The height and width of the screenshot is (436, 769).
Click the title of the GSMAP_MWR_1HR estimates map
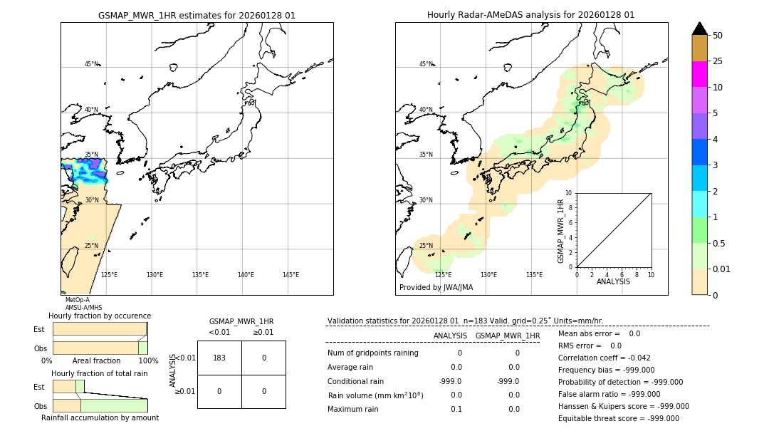[x=197, y=15]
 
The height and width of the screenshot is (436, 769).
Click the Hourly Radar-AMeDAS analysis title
[x=530, y=15]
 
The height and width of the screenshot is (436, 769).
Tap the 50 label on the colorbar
[x=718, y=36]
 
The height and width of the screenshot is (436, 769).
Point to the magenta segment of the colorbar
[x=699, y=74]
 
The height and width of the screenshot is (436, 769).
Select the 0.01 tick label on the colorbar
[x=722, y=269]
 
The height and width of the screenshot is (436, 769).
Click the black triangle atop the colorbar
[x=699, y=28]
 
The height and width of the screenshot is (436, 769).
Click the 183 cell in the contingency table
[x=219, y=358]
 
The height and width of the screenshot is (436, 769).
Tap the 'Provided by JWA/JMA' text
[x=436, y=288]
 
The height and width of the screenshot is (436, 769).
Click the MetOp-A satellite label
[x=77, y=300]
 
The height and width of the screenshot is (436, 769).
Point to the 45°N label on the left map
[x=91, y=64]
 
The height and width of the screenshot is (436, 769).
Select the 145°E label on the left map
[x=291, y=275]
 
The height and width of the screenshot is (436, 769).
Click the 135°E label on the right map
[x=534, y=275]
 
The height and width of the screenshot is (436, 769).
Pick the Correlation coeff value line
[x=604, y=358]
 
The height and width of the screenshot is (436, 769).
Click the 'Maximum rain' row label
[x=353, y=409]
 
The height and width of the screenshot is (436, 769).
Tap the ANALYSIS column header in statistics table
[x=450, y=336]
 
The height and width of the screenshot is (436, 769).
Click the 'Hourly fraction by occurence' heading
[x=100, y=316]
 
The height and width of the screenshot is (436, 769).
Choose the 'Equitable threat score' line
[x=618, y=418]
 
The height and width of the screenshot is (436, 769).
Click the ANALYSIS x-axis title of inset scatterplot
[x=613, y=281]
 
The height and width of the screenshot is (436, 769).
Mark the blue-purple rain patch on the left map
[x=84, y=171]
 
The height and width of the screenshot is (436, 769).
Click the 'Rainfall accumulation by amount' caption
[x=100, y=417]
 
